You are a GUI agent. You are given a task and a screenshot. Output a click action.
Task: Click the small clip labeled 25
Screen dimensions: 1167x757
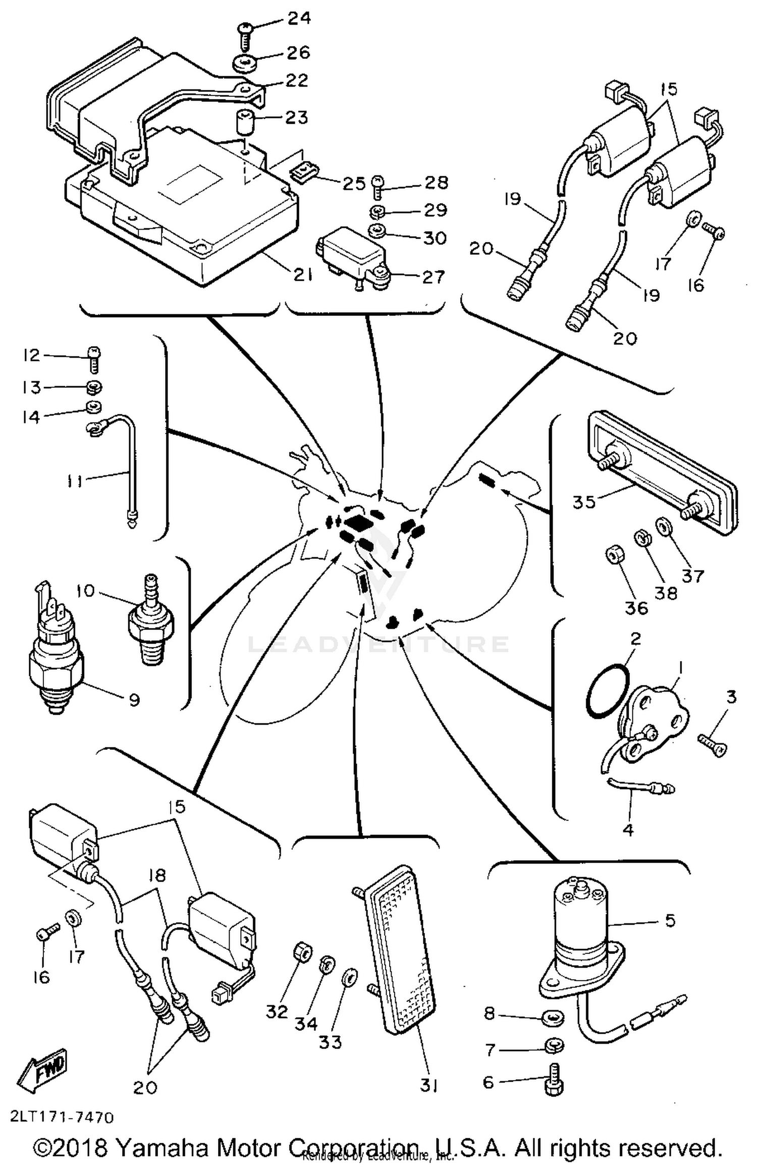(x=303, y=173)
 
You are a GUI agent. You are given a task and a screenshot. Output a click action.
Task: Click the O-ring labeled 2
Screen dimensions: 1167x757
(x=608, y=692)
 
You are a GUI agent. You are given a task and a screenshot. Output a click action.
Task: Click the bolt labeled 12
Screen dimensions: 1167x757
(x=94, y=359)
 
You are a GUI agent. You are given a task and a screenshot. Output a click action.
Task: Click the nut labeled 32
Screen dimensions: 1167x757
(x=302, y=953)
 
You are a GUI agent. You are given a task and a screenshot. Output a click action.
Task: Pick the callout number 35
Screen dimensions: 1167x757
(x=583, y=502)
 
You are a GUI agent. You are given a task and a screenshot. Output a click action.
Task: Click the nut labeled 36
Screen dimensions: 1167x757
(x=614, y=557)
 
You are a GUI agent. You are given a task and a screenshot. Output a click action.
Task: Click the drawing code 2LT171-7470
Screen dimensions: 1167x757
(x=61, y=1118)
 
